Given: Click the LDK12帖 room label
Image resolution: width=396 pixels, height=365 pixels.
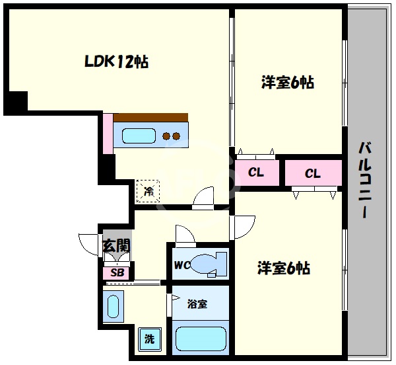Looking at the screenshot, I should (115, 62).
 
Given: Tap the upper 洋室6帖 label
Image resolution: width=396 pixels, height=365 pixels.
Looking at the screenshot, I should (286, 83).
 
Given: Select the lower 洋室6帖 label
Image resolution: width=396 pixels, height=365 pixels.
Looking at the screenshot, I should (283, 268).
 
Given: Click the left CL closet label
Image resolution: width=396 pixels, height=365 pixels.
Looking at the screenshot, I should (256, 173).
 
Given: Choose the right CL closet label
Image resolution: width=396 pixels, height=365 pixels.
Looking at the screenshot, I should (312, 173).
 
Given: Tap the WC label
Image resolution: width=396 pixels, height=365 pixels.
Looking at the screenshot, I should (182, 266).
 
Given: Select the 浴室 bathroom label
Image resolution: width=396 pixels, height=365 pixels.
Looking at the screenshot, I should (197, 304).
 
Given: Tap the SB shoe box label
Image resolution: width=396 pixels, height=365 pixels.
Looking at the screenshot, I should (117, 272).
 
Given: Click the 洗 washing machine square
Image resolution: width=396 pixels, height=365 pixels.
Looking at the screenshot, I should (149, 340).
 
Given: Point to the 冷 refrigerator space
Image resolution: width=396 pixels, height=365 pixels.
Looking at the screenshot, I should (148, 192).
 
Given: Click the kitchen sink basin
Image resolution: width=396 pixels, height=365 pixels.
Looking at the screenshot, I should (138, 136).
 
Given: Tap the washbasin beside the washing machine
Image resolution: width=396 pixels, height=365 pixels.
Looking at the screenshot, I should (113, 307).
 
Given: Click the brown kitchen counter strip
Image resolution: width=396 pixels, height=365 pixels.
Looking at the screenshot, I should (150, 118).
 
